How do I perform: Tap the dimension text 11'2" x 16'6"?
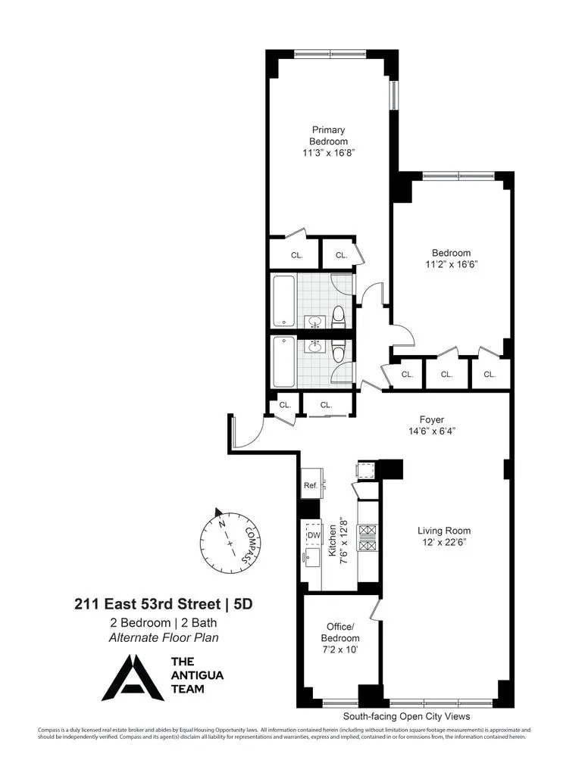tap(451, 264)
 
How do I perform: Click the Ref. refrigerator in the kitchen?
tap(310, 485)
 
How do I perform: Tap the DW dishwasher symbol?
tap(313, 535)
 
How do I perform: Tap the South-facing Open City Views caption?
tap(406, 716)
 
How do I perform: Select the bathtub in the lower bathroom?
tap(283, 361)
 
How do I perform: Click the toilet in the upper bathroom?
tap(339, 316)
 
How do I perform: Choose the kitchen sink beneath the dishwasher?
tap(311, 559)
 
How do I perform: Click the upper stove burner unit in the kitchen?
tap(367, 530)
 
